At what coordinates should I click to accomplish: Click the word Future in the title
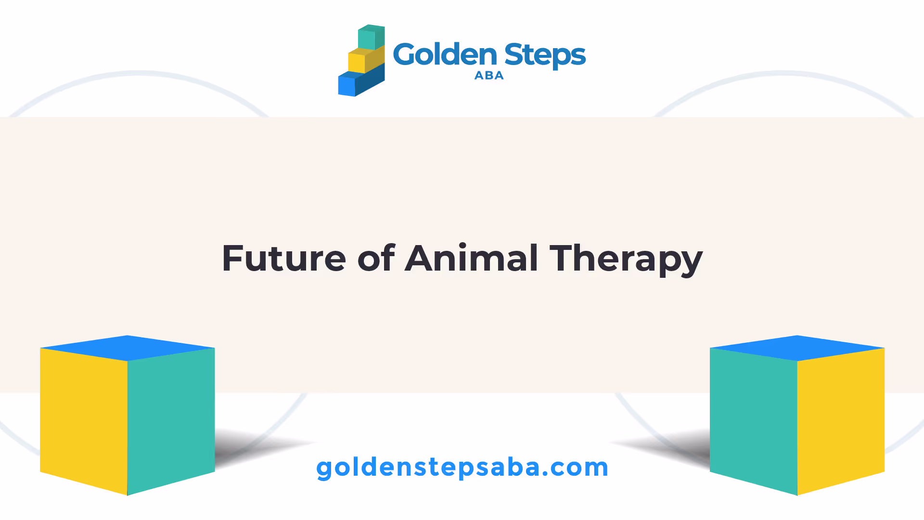[x=284, y=258]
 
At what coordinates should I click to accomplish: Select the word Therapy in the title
[x=626, y=260]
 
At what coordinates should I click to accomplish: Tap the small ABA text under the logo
[x=489, y=76]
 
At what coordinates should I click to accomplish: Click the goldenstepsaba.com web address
[x=462, y=468]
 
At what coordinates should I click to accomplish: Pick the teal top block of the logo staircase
[x=372, y=37]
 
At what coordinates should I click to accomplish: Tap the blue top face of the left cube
[x=128, y=348]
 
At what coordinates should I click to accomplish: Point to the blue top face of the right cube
[x=797, y=348]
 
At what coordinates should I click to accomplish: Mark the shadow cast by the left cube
[x=260, y=448]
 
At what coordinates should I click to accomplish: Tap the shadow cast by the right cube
[x=664, y=448]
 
